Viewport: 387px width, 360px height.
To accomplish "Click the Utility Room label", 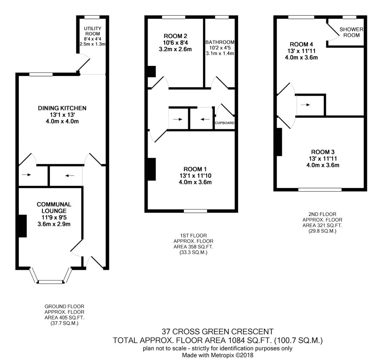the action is click(93, 31).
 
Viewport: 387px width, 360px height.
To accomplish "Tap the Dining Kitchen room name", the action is click(62, 108).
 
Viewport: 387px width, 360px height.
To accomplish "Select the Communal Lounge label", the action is click(54, 208).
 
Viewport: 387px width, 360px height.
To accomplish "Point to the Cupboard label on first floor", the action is click(225, 123).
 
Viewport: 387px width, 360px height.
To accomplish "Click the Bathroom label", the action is click(220, 42).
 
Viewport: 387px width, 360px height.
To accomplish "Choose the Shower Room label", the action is click(352, 32).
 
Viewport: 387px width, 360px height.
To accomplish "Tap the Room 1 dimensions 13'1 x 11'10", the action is click(195, 176).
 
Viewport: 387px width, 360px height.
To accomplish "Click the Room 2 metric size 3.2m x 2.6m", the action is click(175, 49).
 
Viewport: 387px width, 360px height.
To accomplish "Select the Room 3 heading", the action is click(323, 152).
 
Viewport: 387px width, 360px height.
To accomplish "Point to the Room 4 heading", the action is click(301, 45).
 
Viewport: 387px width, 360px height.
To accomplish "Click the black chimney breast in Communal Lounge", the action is click(23, 226).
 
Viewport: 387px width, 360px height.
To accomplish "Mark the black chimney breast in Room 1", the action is click(152, 169).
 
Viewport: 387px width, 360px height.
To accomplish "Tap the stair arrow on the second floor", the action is click(305, 105).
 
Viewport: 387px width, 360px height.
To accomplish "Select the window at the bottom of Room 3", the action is click(320, 190).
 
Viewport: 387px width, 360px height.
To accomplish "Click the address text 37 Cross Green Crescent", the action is click(218, 331).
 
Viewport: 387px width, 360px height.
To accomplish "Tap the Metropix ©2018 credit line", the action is click(218, 355).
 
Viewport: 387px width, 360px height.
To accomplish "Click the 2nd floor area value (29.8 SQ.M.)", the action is click(322, 231).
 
